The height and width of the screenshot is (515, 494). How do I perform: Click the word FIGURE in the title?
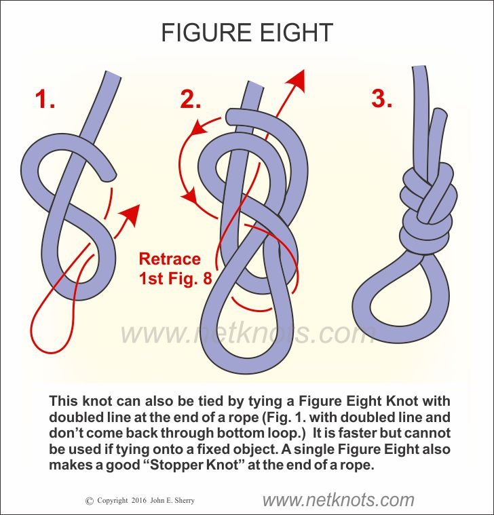tap(206, 33)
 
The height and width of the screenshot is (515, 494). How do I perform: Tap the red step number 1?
tap(45, 98)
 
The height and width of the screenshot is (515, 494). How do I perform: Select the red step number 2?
tap(190, 98)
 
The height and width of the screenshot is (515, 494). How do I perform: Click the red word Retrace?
tap(170, 259)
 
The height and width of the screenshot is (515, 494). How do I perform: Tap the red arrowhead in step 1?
tap(130, 214)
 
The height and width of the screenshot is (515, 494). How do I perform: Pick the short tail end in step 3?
tap(440, 113)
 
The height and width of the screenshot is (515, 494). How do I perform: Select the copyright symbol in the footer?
tap(90, 501)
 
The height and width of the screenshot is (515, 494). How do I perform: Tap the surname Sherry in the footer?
tap(185, 501)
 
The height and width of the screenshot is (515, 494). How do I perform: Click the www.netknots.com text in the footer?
tap(339, 500)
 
